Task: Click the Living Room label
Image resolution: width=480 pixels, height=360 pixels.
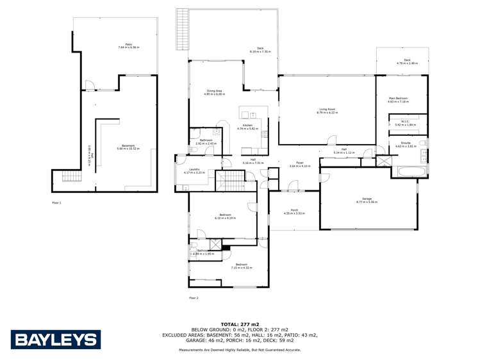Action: (328, 110)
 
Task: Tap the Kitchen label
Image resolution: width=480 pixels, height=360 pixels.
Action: (247, 126)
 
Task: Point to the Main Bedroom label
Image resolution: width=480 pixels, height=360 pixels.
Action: (397, 99)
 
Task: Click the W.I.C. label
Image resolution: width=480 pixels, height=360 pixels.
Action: (405, 122)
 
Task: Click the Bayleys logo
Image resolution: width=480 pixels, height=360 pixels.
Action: (56, 339)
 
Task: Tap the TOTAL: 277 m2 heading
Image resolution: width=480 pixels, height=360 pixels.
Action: (240, 323)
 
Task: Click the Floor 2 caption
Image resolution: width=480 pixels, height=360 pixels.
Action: (193, 298)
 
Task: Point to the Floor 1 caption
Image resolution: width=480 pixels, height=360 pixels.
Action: (56, 202)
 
